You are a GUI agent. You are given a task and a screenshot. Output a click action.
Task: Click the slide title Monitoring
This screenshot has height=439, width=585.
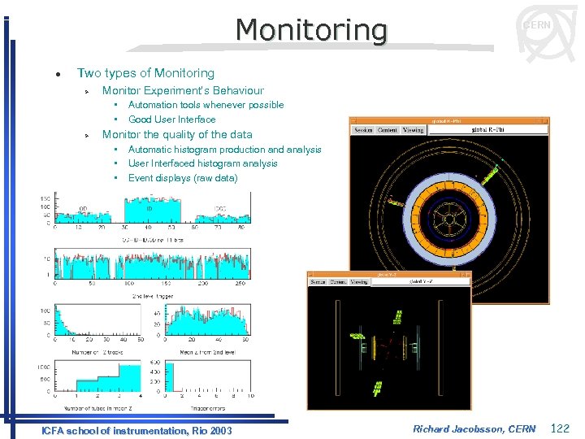click(x=311, y=30)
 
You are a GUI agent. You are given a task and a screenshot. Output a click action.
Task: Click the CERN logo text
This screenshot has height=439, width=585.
click(x=536, y=25)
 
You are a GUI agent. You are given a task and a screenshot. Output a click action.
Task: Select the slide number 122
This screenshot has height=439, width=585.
click(x=561, y=428)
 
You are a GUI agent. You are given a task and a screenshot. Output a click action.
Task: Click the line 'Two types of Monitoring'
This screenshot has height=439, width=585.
click(x=145, y=73)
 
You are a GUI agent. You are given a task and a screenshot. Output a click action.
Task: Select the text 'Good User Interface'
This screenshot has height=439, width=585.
click(x=171, y=120)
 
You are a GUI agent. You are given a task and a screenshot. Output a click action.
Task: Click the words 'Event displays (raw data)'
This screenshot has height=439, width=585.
click(x=183, y=178)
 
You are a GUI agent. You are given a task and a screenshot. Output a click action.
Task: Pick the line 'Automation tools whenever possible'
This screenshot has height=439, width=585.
click(x=206, y=105)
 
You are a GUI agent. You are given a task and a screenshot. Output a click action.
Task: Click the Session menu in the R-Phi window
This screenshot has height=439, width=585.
click(x=363, y=130)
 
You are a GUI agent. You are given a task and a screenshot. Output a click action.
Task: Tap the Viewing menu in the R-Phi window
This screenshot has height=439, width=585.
click(x=414, y=130)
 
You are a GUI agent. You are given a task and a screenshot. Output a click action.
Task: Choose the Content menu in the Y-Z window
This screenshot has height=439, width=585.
click(x=337, y=282)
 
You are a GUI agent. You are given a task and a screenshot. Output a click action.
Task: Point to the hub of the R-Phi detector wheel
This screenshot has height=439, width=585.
click(x=448, y=219)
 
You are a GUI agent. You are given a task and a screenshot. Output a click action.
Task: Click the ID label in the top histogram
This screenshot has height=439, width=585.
click(x=149, y=208)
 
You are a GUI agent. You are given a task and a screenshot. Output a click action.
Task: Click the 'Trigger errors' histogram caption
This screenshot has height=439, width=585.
click(x=208, y=406)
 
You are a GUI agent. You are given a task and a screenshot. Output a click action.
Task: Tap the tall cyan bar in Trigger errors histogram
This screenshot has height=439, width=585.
click(x=170, y=377)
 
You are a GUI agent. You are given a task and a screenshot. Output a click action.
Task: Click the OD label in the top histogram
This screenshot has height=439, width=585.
click(x=83, y=209)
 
